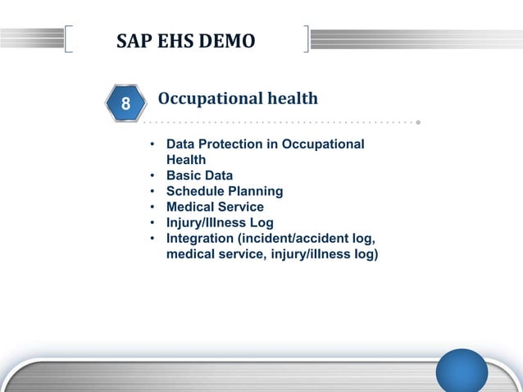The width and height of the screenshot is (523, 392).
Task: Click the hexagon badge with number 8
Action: [x=125, y=104]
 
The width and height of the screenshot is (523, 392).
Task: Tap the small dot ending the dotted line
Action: [x=418, y=123]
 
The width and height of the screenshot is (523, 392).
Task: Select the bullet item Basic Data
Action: [x=199, y=175]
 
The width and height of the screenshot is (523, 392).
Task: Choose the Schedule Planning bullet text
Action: [x=225, y=191]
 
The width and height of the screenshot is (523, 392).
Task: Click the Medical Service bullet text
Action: [x=215, y=207]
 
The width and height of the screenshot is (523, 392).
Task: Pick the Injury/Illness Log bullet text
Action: [x=220, y=222]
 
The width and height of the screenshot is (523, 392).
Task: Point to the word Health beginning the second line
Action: [x=186, y=160]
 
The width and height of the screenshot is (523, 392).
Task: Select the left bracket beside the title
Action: [x=68, y=39]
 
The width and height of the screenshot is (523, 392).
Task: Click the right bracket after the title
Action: [x=306, y=39]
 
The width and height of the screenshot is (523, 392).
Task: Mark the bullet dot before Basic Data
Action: [x=152, y=176]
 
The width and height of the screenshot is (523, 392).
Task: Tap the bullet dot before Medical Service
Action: [x=152, y=207]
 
